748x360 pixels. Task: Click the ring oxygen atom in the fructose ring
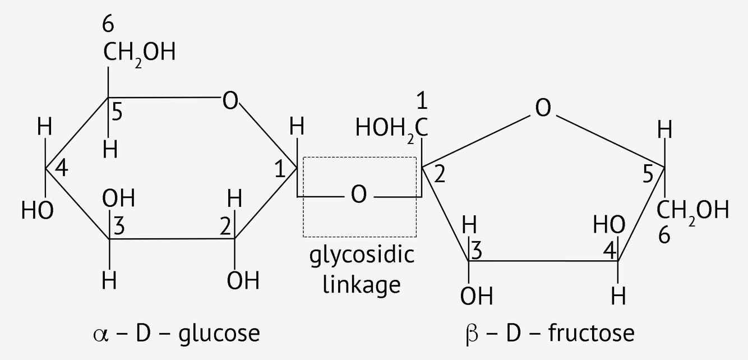(542, 108)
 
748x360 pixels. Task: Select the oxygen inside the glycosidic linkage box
(359, 195)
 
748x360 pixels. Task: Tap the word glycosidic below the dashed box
(362, 256)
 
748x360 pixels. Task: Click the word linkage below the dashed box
(363, 284)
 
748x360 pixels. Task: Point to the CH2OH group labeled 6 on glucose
(139, 53)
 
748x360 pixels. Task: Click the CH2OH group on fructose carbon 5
(693, 211)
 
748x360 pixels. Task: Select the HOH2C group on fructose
(392, 128)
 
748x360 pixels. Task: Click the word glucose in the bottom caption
(219, 333)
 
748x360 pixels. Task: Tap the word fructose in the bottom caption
(592, 333)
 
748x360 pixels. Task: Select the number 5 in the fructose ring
(648, 176)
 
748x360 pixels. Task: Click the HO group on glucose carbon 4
(37, 211)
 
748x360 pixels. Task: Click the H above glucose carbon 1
(297, 128)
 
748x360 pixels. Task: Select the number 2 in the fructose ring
(440, 176)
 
